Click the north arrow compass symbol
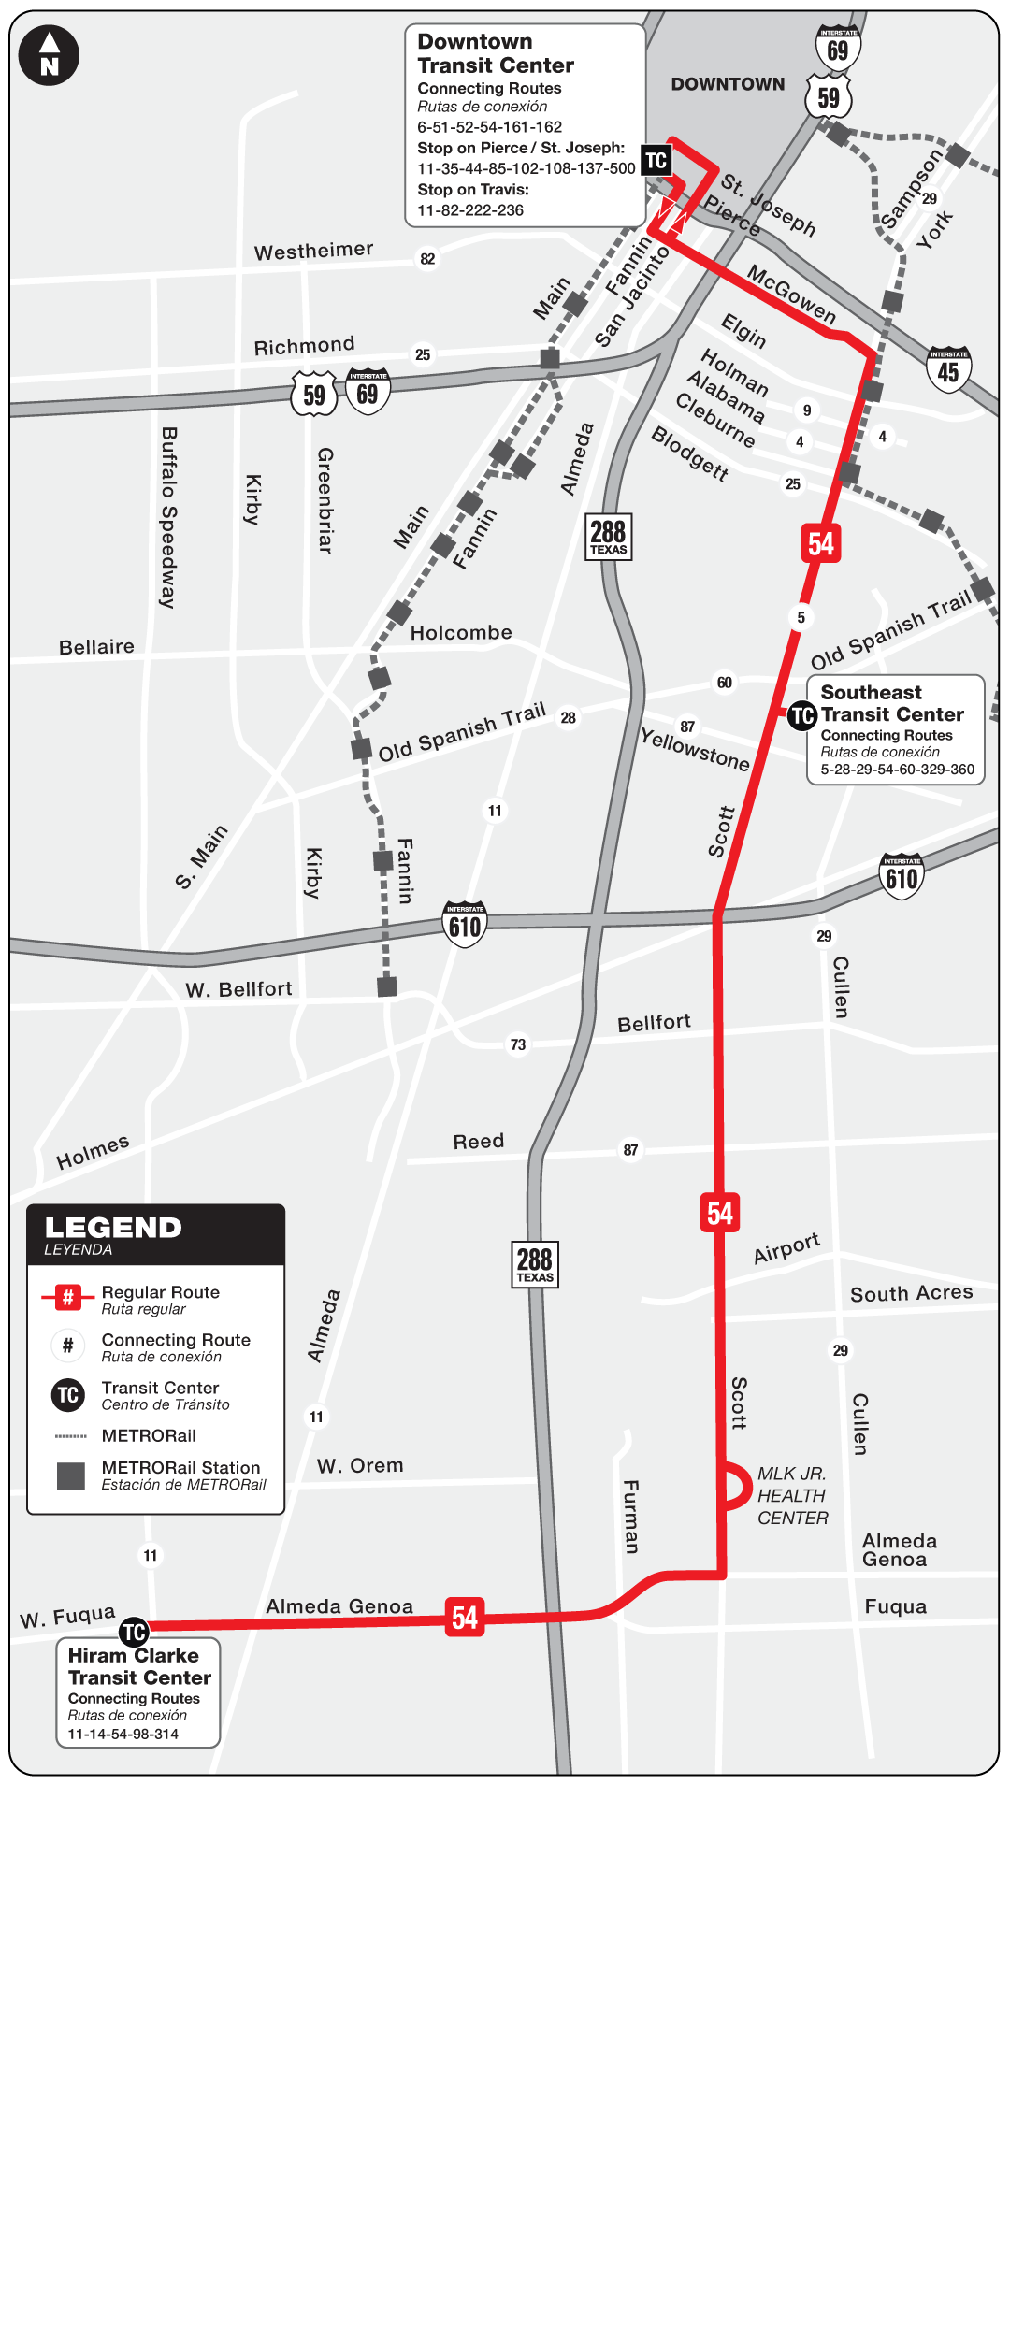(x=49, y=55)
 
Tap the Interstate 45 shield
(x=948, y=369)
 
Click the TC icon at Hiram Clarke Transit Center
(x=134, y=1633)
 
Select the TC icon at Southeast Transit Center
(x=801, y=716)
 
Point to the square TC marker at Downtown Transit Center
(x=656, y=160)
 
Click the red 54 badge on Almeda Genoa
(x=465, y=1618)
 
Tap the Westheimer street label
(x=313, y=251)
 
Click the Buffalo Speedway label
(x=169, y=517)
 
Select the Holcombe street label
(x=461, y=633)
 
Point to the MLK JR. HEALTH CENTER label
(x=792, y=1496)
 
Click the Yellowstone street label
(x=695, y=750)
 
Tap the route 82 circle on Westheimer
(x=427, y=259)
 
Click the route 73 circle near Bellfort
(x=518, y=1044)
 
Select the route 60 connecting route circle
(x=725, y=683)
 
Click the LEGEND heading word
(x=113, y=1228)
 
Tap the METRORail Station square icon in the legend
(x=71, y=1476)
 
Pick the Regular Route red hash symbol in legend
(x=67, y=1298)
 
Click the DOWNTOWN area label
(x=728, y=84)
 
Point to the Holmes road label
(x=93, y=1152)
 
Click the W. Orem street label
(x=360, y=1466)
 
